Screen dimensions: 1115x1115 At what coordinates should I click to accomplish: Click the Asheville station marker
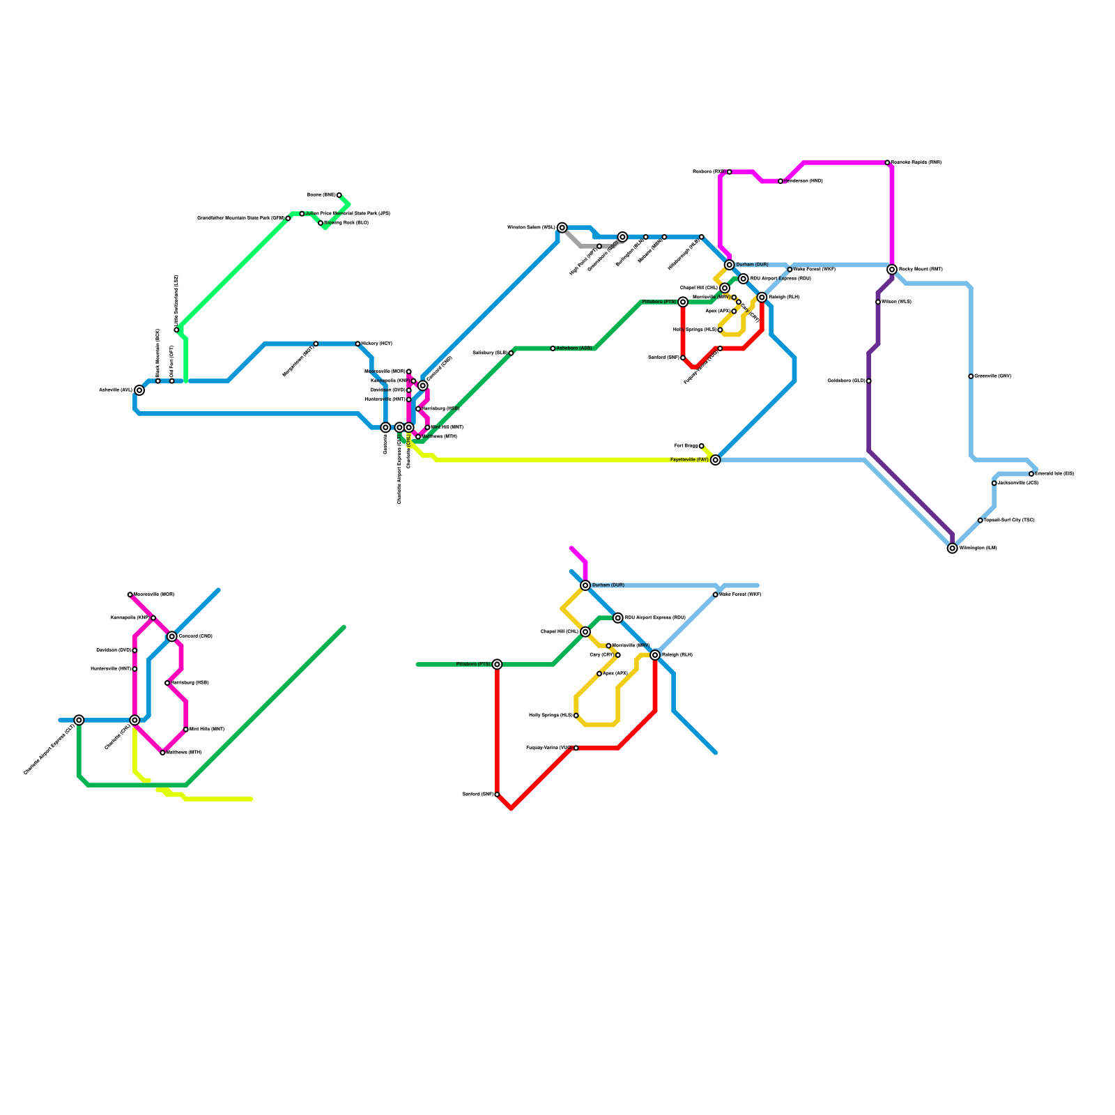point(139,390)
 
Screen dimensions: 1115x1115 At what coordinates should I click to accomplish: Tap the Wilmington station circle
point(953,548)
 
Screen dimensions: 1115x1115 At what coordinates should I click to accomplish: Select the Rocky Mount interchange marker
point(892,270)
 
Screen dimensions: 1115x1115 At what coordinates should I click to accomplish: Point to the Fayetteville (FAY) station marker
point(715,460)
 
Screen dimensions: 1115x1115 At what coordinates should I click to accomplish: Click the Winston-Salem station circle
point(562,228)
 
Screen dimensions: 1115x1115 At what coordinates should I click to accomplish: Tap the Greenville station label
point(993,376)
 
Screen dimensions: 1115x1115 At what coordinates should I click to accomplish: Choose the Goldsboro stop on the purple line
point(869,381)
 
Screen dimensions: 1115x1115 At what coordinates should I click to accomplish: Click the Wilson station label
point(896,302)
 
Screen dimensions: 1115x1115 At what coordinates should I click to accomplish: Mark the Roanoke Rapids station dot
point(887,162)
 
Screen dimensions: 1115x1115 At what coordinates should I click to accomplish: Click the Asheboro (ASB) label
point(574,348)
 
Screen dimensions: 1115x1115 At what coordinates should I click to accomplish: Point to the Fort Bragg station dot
point(702,446)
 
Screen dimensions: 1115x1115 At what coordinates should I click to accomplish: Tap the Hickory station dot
point(357,344)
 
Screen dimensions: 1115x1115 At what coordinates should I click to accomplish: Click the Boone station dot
point(339,195)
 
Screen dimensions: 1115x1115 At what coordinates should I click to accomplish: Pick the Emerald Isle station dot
point(1031,474)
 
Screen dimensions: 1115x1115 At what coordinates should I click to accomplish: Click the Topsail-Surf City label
point(1009,521)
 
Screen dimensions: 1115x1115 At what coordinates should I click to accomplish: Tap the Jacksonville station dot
point(994,483)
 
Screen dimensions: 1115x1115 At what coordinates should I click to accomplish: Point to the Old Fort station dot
point(172,381)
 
